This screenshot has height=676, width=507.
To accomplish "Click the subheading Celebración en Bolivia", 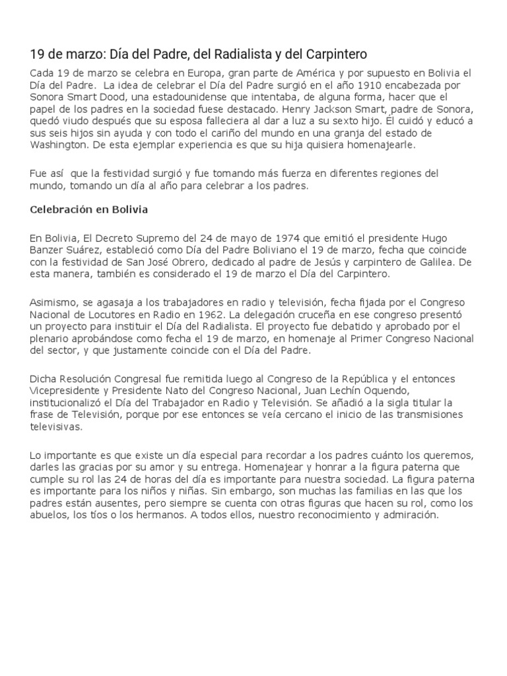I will point(89,210).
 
